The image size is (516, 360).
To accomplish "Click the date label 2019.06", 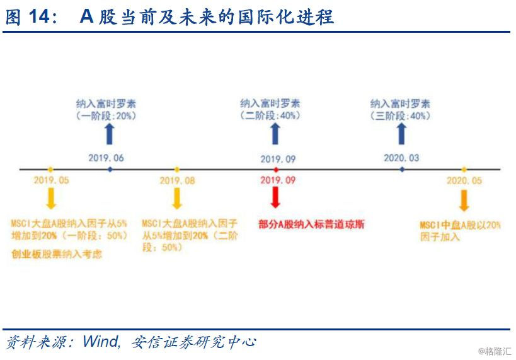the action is pos(106,158).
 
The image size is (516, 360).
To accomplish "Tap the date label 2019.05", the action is pos(51,180).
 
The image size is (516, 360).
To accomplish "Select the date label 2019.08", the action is pos(178,180).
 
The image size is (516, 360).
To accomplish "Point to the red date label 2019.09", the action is pos(278,180).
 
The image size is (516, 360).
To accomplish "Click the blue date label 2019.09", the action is pos(278,160).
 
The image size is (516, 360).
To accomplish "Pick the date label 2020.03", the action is pos(401,158).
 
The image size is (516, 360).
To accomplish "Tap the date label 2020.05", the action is pos(464,180).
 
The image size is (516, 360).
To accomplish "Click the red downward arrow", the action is pos(275,197).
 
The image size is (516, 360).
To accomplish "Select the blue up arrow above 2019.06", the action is pos(110,134).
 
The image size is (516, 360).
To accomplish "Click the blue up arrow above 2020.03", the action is pos(401,134).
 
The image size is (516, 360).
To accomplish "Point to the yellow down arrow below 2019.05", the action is pos(50,199).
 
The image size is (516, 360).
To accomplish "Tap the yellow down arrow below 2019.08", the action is pos(177,199).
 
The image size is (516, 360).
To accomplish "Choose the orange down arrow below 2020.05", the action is pos(464,200).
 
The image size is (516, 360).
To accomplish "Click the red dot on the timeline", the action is pos(276,170).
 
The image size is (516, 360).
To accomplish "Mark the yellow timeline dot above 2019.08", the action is pos(176,170).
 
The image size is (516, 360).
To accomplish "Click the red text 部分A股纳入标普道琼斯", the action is pos(311,224).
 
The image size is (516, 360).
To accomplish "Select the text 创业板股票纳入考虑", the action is pos(57,254).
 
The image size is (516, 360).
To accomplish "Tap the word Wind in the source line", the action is pos(101,342).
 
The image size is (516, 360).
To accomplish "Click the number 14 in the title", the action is pos(39,16).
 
